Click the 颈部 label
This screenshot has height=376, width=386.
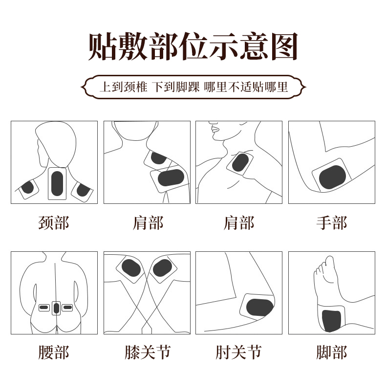[x=54, y=223]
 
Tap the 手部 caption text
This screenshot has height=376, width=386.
[x=331, y=223]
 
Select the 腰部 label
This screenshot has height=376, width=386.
[x=54, y=352]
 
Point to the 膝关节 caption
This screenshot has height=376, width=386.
[x=147, y=352]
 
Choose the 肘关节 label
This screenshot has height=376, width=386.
[x=238, y=352]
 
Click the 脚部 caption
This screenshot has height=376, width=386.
[x=331, y=352]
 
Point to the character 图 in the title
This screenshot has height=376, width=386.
[x=280, y=47]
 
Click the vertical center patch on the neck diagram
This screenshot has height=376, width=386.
[x=57, y=182]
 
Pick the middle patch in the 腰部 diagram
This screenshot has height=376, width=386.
[x=56, y=308]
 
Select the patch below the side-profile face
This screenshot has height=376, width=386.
[x=240, y=162]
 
